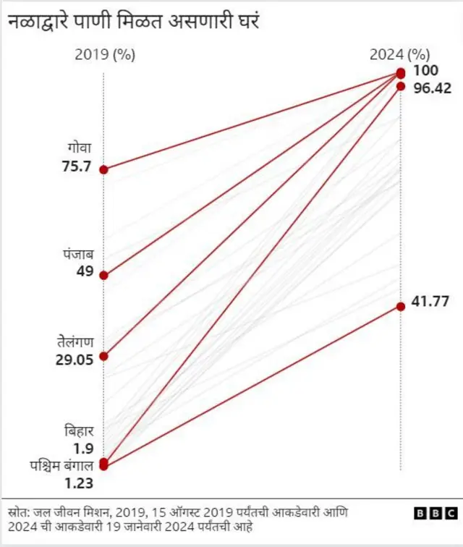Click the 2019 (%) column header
pyautogui.click(x=104, y=54)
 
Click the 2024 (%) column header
pyautogui.click(x=399, y=54)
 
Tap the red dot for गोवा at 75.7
pyautogui.click(x=103, y=169)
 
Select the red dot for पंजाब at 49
pyautogui.click(x=103, y=275)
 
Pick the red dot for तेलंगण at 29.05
pyautogui.click(x=103, y=356)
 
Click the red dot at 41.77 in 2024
pyautogui.click(x=400, y=307)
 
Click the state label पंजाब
pyautogui.click(x=77, y=254)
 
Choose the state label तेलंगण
pyautogui.click(x=77, y=341)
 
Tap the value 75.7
pyautogui.click(x=77, y=166)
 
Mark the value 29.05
pyautogui.click(x=75, y=358)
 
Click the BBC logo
pyautogui.click(x=436, y=513)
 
